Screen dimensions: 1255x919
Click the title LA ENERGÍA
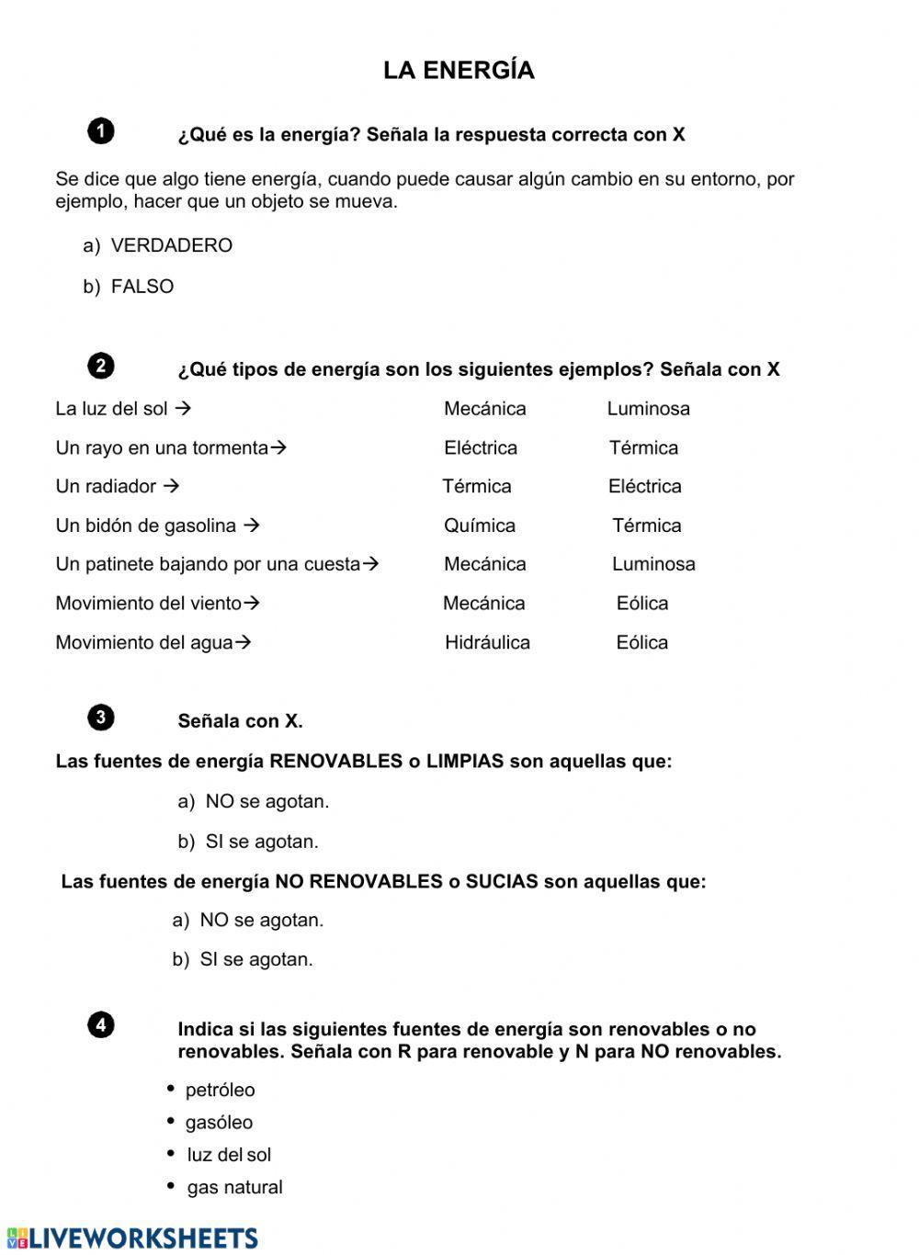(459, 71)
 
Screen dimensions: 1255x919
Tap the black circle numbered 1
(101, 131)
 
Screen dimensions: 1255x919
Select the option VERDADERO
(171, 245)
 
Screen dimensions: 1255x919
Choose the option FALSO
(142, 287)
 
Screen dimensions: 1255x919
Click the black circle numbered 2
(101, 366)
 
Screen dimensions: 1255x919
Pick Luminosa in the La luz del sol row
(648, 409)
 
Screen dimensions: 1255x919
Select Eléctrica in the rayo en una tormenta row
(481, 448)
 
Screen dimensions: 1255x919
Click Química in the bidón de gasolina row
(480, 526)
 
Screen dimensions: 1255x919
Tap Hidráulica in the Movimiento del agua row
(487, 642)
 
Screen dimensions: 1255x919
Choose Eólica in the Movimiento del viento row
(642, 604)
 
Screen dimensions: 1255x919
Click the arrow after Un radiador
(170, 486)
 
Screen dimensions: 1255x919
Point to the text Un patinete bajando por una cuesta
(208, 564)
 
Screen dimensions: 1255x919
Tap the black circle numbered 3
(101, 718)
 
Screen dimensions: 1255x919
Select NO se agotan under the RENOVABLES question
(267, 801)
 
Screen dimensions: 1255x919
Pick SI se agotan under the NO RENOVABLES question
(256, 959)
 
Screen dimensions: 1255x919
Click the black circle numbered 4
(101, 1025)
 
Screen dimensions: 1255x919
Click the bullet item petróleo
(220, 1090)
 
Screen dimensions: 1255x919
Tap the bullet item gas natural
(234, 1187)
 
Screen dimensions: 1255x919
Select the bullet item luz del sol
(229, 1155)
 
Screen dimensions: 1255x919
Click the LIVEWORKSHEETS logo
(132, 1238)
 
